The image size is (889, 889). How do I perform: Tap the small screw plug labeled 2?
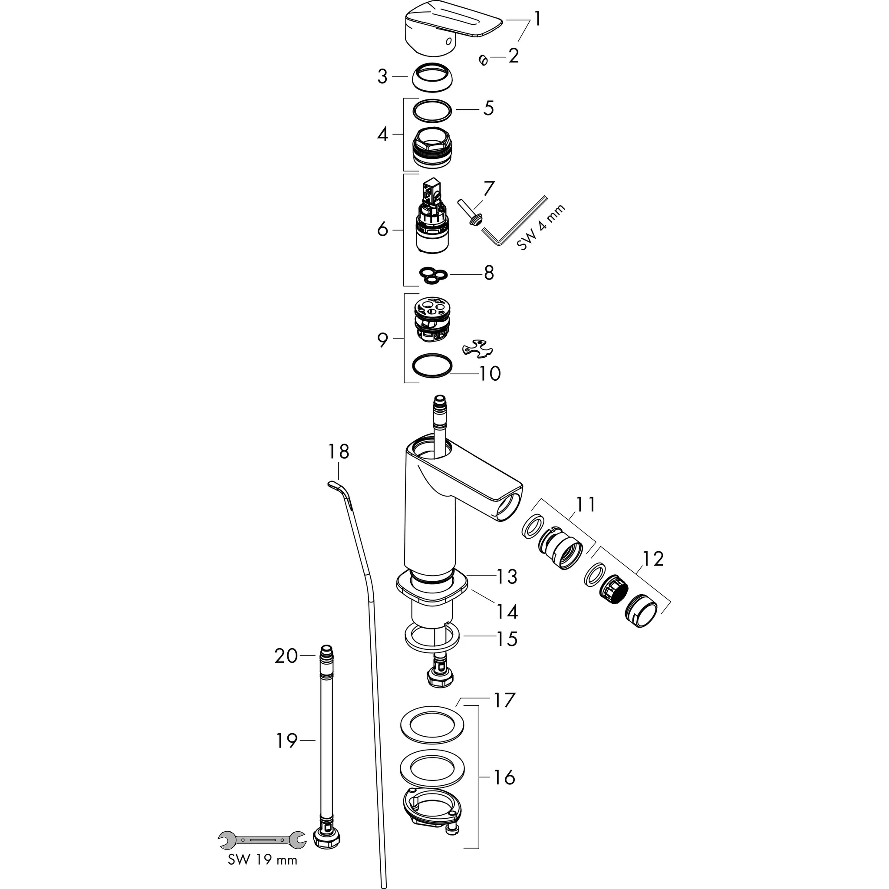point(483,60)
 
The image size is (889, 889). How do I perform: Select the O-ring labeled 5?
point(432,110)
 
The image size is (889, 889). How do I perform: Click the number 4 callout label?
point(382,135)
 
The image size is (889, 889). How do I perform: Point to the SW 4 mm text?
point(541,228)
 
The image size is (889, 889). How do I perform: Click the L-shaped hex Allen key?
point(511,225)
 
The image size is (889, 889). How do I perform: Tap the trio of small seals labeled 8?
point(433,275)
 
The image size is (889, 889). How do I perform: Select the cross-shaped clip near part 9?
point(475,347)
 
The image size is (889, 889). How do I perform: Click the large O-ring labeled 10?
point(432,366)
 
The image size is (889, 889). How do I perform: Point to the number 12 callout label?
point(653,559)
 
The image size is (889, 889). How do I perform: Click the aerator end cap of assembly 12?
point(641,611)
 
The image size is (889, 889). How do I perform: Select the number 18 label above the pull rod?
point(339,451)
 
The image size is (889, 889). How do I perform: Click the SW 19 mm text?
point(262,859)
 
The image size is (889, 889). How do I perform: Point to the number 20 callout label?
point(286,656)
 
